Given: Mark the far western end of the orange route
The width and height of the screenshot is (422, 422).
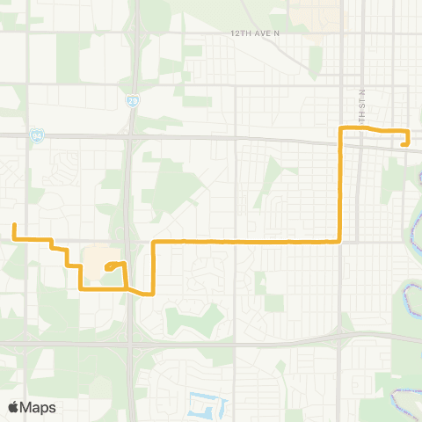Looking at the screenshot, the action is (x=14, y=225).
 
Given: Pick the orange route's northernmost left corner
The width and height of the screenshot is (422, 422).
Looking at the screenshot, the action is (x=341, y=128).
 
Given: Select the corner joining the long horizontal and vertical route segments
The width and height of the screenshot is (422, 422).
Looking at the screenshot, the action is (x=340, y=240).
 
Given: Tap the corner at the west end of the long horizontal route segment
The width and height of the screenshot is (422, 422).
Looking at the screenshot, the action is (x=154, y=241).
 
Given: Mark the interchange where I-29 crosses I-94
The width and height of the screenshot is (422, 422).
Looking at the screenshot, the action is (x=129, y=137).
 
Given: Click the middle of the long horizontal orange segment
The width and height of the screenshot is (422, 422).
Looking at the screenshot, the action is (x=247, y=240).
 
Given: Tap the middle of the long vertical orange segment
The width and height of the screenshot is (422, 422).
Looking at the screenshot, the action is (x=340, y=185).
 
